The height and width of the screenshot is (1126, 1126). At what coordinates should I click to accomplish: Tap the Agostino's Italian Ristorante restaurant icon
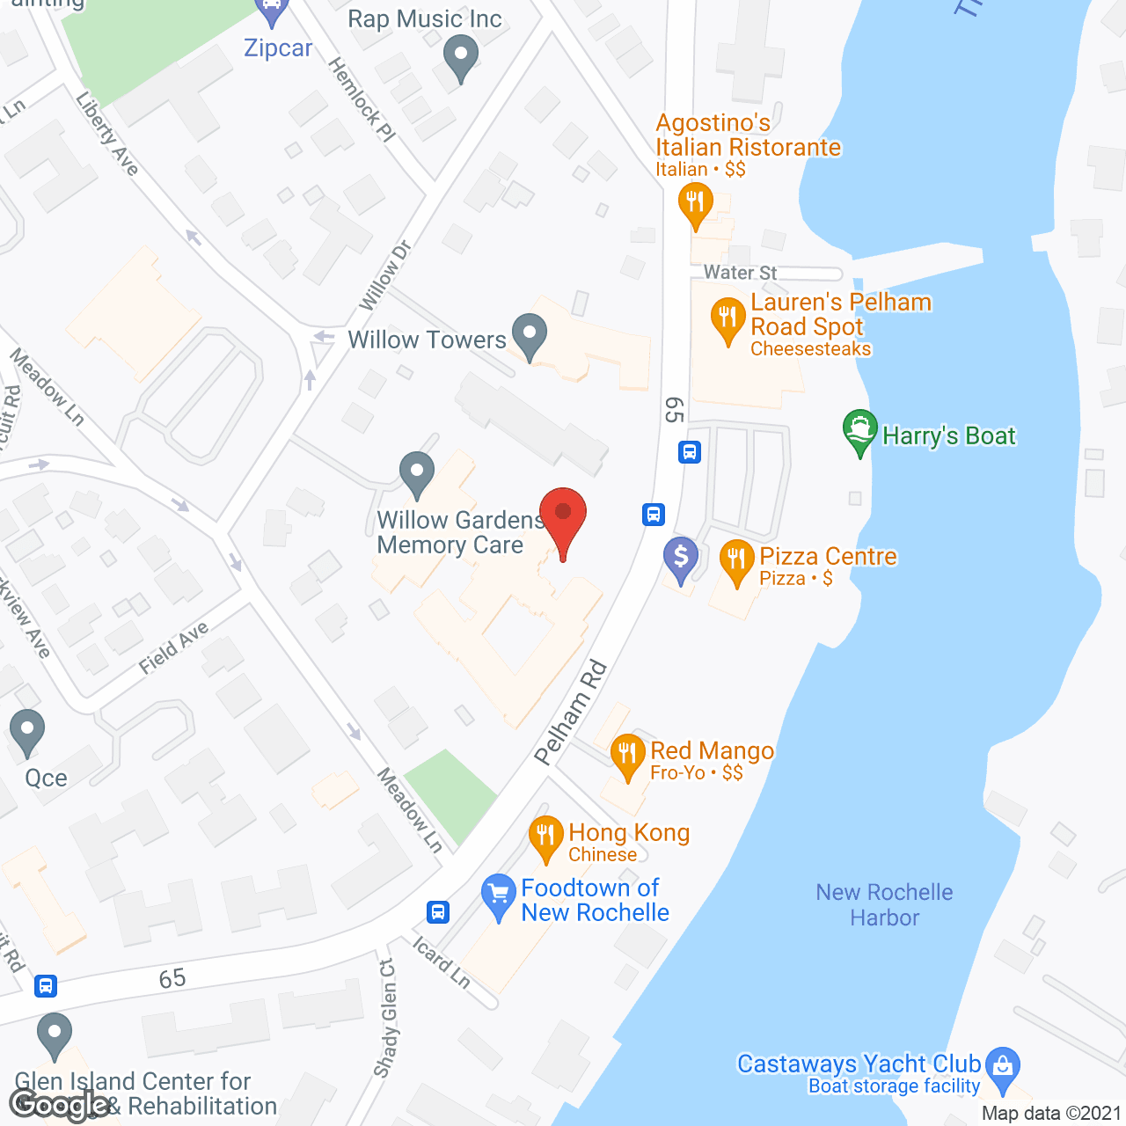tap(695, 203)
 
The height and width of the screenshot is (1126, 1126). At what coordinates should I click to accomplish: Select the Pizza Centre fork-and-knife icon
tap(736, 559)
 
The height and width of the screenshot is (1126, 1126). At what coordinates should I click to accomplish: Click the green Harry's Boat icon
tap(859, 431)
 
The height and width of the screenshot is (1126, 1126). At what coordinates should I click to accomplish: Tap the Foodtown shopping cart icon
tap(499, 895)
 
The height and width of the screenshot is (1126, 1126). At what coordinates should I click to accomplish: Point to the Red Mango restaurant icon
tap(627, 754)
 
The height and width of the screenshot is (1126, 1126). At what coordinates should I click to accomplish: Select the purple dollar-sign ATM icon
tap(681, 557)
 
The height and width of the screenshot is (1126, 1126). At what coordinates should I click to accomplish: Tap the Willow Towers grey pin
tap(529, 335)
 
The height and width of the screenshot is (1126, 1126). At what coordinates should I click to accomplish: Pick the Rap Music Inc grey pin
tap(460, 56)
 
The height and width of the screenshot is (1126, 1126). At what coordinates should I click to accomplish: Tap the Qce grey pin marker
tap(27, 730)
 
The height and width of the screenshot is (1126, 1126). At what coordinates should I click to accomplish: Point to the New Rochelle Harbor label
tap(884, 904)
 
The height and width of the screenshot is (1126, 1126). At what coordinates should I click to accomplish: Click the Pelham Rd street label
tap(571, 713)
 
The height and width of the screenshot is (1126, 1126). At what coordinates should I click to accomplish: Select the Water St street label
tap(740, 273)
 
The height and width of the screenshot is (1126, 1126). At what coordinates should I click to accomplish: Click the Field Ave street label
tap(173, 647)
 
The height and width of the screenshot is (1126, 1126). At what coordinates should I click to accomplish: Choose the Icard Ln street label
tap(442, 962)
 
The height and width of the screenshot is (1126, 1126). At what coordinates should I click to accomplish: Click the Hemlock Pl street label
tap(362, 99)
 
